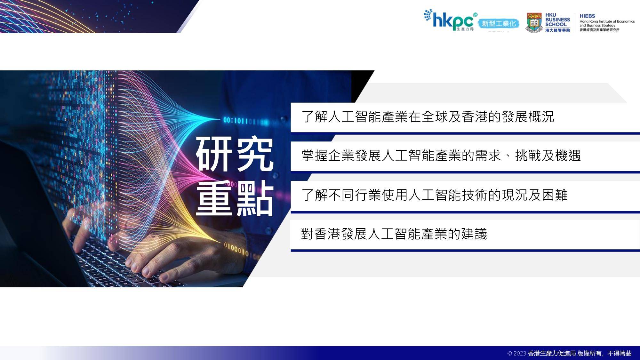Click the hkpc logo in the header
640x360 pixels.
(x=450, y=20)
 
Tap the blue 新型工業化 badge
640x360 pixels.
(x=499, y=24)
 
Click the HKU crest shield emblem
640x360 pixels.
(x=534, y=22)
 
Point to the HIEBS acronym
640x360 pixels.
(x=587, y=16)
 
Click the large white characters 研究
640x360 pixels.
(x=235, y=154)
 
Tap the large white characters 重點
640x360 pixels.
(x=235, y=199)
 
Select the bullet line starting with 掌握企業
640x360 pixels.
(x=441, y=156)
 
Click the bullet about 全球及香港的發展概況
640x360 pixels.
(x=428, y=116)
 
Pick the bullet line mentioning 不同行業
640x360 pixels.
(x=434, y=195)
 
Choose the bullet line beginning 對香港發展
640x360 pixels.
(x=394, y=234)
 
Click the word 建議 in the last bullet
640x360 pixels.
(x=474, y=234)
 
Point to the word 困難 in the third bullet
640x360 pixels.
(x=555, y=195)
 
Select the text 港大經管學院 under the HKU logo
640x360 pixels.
(x=557, y=30)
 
